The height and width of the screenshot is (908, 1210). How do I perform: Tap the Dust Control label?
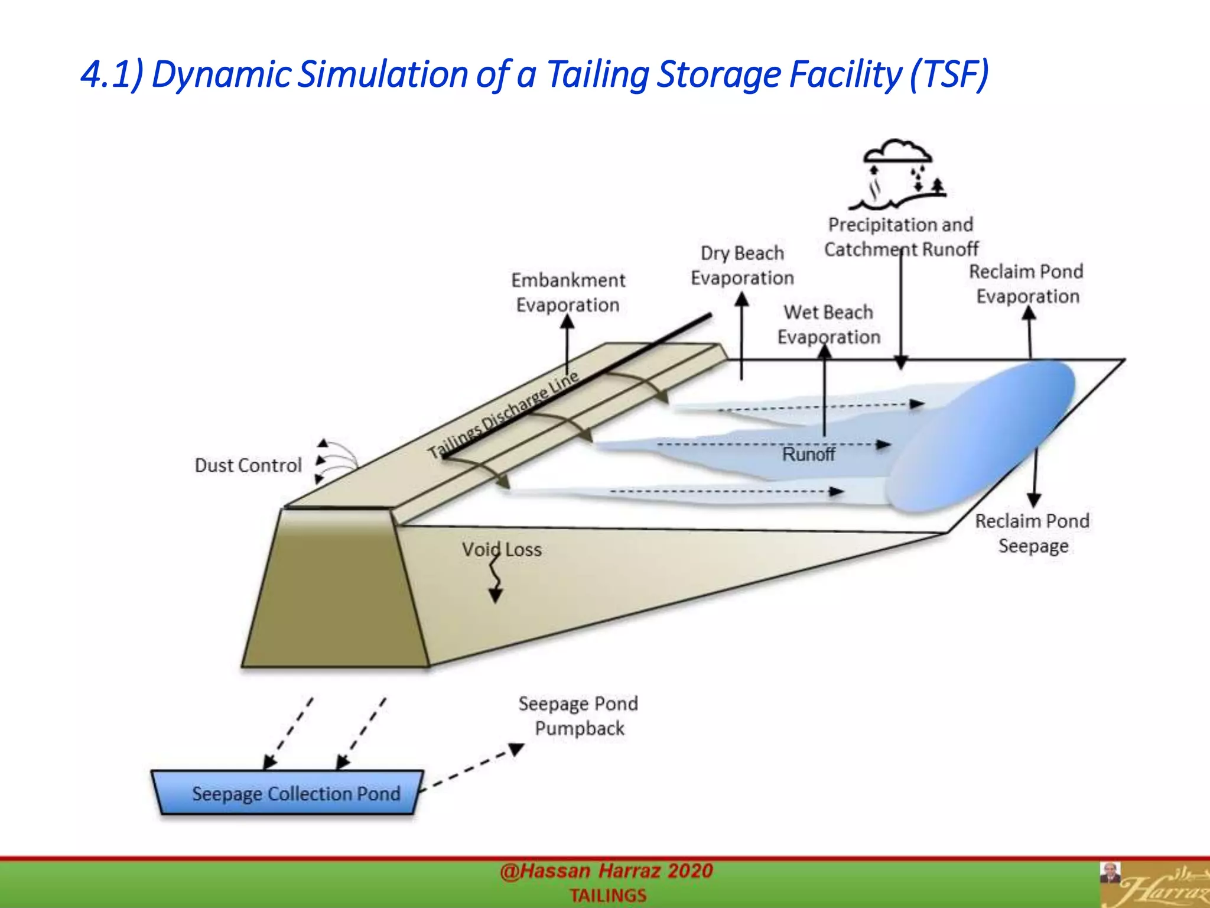point(248,466)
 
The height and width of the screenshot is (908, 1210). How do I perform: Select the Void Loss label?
point(502,550)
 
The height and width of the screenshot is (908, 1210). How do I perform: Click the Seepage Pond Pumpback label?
point(578,716)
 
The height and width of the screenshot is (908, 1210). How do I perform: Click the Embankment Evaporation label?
point(568,293)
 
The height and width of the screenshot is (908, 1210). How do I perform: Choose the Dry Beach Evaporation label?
point(742,265)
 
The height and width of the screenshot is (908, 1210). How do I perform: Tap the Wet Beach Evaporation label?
point(828,325)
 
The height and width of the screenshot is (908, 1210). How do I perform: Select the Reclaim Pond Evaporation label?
point(1027,284)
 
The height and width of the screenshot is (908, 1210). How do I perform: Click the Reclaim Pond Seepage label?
point(1032,533)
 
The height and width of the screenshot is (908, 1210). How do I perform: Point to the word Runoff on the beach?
point(808,455)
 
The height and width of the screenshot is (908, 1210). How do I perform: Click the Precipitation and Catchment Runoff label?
point(900,237)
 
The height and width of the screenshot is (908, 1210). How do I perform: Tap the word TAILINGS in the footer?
point(608,896)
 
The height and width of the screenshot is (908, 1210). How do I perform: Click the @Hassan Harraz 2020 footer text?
point(606,871)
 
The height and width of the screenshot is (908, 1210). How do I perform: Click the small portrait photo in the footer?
point(1110,873)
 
